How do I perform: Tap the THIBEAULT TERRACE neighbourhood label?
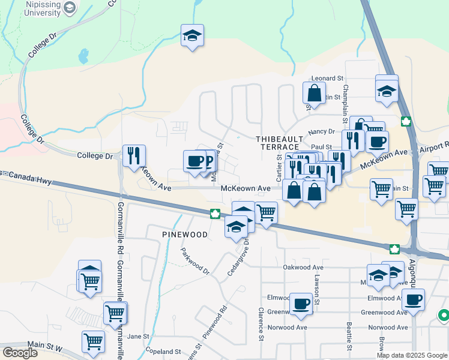[x=277, y=142]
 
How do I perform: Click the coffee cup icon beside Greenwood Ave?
[x=301, y=303]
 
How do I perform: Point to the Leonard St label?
[x=327, y=79]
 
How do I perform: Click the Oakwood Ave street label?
[x=303, y=268]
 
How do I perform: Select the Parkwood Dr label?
[x=195, y=262]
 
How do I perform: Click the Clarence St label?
[x=261, y=324]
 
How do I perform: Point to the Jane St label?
[x=137, y=337]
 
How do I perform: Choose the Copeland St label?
[x=161, y=352]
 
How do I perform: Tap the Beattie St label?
[x=349, y=337]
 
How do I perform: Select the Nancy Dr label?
[x=321, y=132]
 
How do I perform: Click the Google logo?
[x=20, y=352]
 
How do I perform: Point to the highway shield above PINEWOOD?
[x=214, y=213]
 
